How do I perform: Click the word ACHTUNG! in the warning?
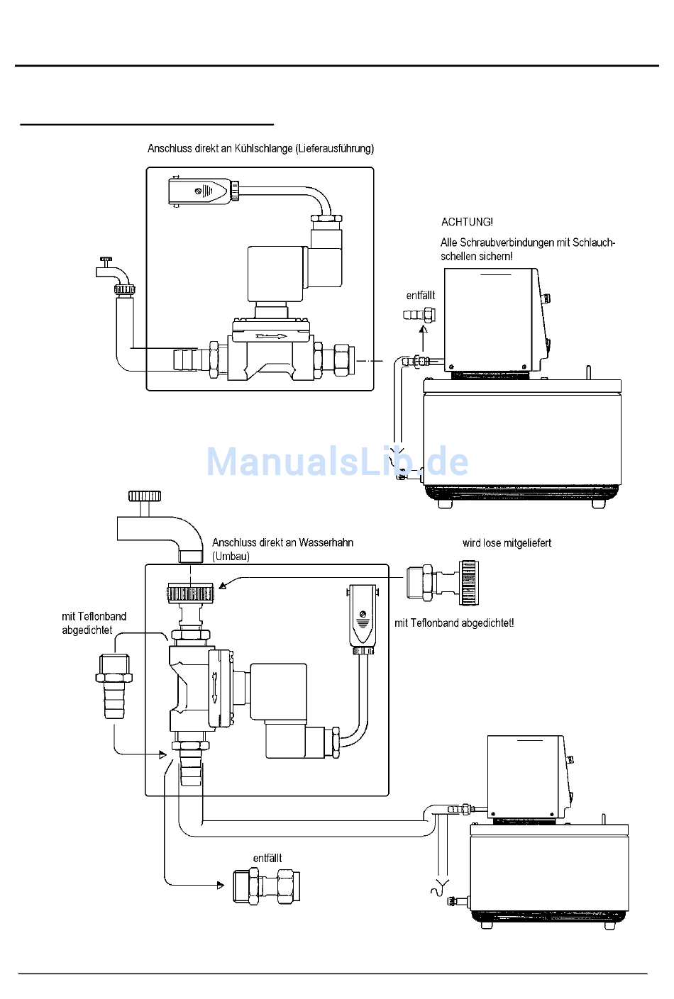(x=467, y=222)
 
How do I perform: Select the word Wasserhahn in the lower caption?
(x=326, y=543)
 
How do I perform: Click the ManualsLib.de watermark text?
(x=338, y=461)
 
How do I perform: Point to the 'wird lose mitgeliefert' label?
(x=507, y=543)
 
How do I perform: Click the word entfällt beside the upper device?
(x=421, y=295)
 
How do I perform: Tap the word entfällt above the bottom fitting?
(x=267, y=858)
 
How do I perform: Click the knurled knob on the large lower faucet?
(x=145, y=496)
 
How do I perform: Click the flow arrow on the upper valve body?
(x=272, y=336)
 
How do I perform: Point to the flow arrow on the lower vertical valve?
(x=215, y=686)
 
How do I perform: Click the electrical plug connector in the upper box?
(x=203, y=191)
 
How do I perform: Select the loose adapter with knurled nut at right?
(x=443, y=582)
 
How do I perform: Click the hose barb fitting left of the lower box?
(x=114, y=686)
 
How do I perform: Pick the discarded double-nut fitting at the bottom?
(x=267, y=886)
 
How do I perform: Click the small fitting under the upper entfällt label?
(x=419, y=315)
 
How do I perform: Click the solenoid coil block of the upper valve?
(x=277, y=272)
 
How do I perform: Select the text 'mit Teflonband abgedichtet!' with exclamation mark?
(x=454, y=623)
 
